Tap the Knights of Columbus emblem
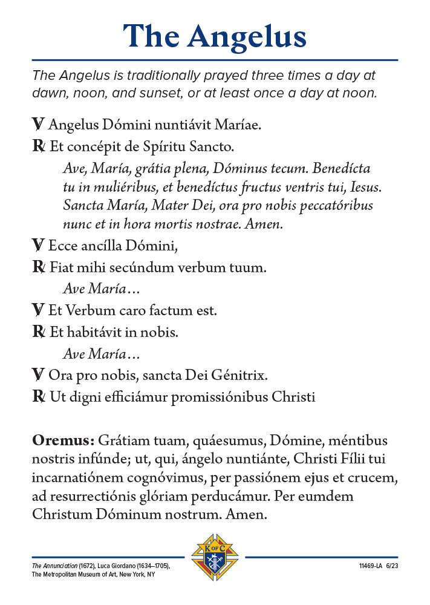tap(215, 557)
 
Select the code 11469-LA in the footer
tap(369, 566)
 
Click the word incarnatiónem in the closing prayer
tap(82, 478)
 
